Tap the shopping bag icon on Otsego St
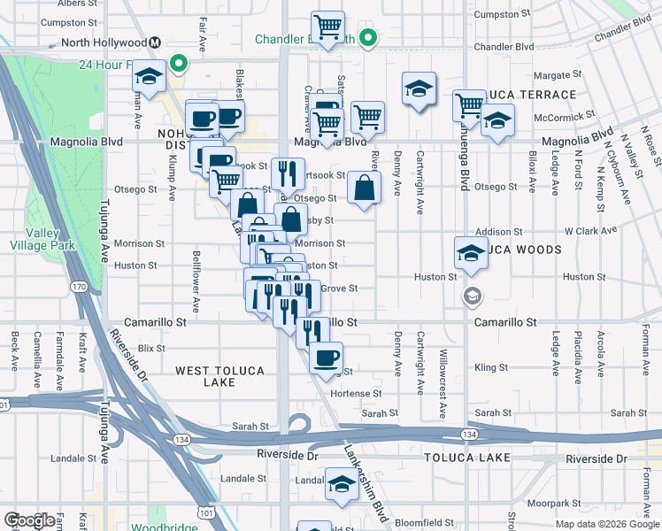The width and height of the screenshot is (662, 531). point(364,189)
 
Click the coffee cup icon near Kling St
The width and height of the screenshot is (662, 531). point(327,358)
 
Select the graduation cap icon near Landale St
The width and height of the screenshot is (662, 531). point(341,484)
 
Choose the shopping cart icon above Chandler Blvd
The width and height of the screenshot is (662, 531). point(327,27)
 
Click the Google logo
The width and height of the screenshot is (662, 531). point(28,520)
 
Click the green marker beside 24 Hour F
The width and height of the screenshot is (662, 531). point(178,63)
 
